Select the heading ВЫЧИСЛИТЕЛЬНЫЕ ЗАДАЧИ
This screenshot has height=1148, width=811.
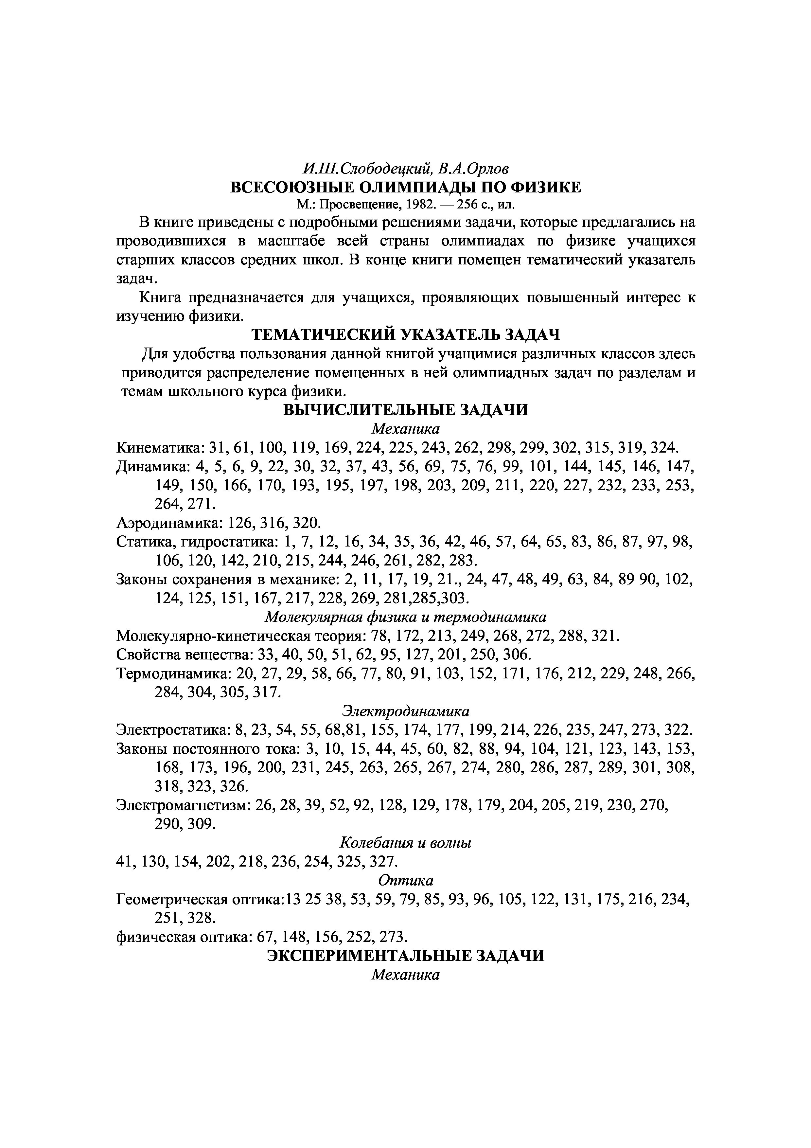pos(405,410)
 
